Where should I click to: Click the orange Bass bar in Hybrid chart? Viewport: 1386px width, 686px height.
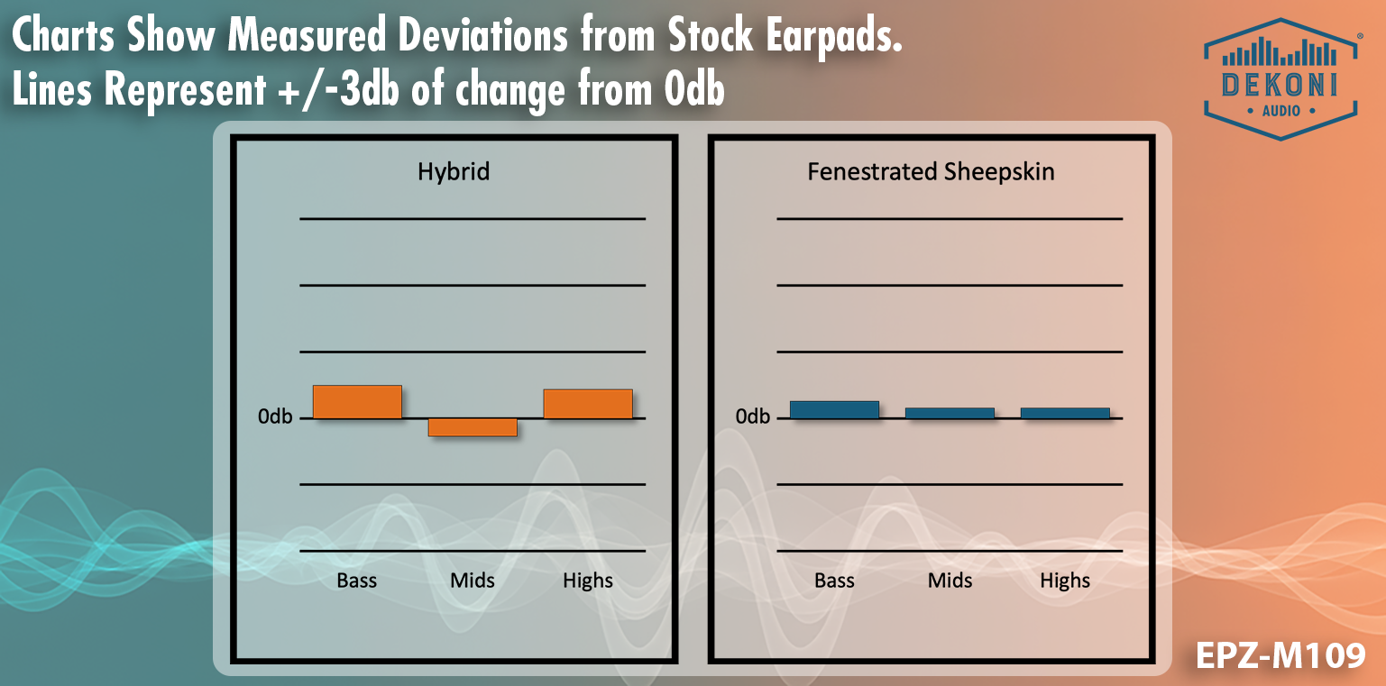tap(357, 401)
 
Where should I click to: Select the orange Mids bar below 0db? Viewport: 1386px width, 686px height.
tap(473, 427)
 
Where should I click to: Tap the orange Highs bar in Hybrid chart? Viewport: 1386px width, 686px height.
tap(588, 403)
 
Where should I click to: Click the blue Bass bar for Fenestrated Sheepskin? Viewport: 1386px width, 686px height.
tap(834, 409)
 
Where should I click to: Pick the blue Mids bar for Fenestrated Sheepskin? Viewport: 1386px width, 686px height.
tap(950, 413)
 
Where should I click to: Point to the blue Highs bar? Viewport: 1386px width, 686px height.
tap(1065, 413)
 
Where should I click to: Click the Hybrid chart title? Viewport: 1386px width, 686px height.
tap(454, 171)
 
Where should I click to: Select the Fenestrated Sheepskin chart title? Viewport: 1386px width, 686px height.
tap(931, 171)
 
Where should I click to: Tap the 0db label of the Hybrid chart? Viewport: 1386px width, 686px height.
tap(275, 416)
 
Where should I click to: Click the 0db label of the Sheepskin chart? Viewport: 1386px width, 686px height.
tap(753, 416)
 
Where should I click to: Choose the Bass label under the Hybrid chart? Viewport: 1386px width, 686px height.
tap(357, 581)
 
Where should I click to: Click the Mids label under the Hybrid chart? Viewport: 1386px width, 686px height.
tap(473, 581)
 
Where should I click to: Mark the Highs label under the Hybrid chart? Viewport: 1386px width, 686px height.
tap(588, 581)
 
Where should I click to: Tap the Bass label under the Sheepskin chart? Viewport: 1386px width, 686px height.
tap(834, 581)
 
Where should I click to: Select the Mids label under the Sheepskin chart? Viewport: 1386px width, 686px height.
tap(950, 581)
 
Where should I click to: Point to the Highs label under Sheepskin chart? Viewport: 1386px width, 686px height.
tap(1065, 581)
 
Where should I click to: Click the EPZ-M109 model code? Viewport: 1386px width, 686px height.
tap(1280, 655)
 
